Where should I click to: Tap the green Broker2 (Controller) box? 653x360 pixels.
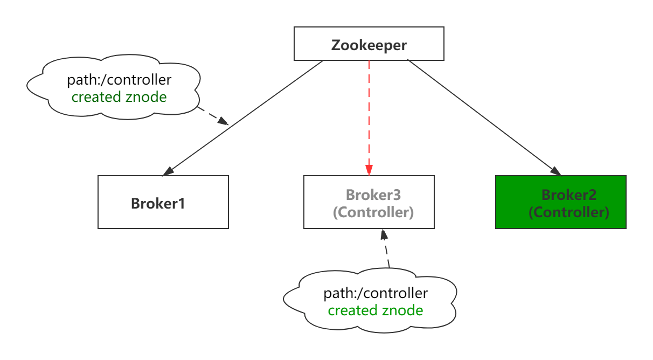point(561,202)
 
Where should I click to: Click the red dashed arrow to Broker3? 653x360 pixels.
point(369,118)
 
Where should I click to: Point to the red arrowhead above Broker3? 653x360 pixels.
point(369,170)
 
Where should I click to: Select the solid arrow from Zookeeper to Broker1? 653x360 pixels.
point(243,118)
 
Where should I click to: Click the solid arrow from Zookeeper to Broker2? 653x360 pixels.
point(484,117)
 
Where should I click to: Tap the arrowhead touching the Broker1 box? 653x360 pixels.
point(168,172)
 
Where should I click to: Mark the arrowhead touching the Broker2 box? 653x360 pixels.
point(555,171)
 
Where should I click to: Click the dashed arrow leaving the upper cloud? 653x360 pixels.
point(213,116)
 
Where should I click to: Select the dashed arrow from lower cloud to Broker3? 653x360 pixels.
point(386,248)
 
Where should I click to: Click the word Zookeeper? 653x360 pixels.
point(369,45)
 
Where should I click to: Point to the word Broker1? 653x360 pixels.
point(158,204)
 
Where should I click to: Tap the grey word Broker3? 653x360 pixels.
point(373,195)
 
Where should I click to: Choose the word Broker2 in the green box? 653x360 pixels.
point(569,195)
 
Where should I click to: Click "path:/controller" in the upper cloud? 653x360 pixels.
point(119,80)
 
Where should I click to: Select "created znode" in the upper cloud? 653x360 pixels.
point(119,97)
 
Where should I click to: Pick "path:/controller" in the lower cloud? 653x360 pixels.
point(376,293)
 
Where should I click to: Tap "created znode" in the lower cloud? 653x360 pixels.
point(376,310)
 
